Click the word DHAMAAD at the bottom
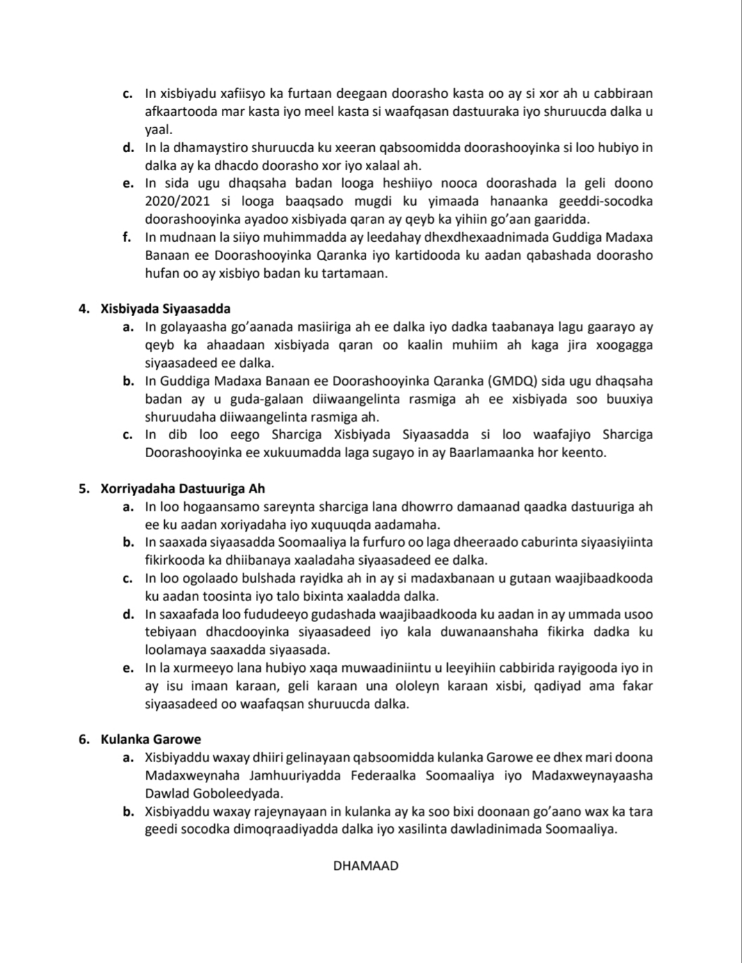tap(366, 866)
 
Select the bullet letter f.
tap(127, 238)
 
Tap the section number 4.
tap(84, 308)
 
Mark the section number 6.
tap(84, 739)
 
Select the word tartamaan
tap(353, 274)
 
